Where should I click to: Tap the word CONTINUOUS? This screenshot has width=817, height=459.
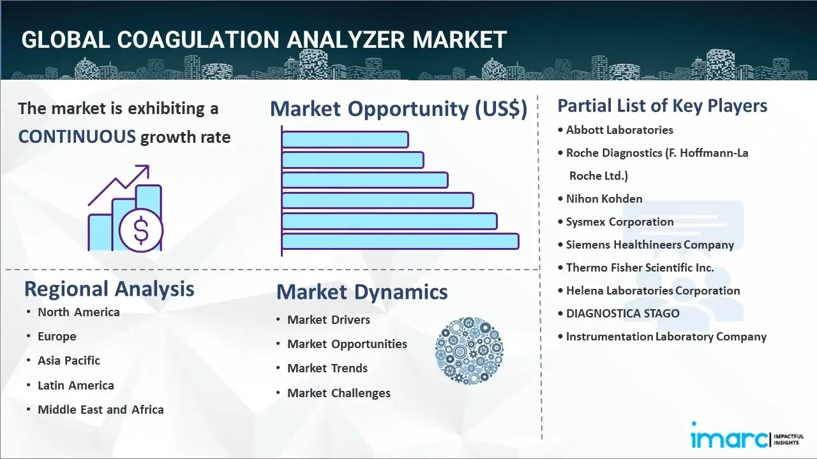[x=77, y=137]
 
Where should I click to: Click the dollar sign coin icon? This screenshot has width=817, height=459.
[x=141, y=230]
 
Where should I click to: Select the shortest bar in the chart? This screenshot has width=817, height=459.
[x=345, y=140]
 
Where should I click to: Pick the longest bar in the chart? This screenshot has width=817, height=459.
[x=400, y=242]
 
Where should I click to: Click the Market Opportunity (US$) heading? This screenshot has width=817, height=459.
[x=399, y=108]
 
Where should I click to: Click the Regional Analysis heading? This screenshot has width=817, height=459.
[x=109, y=289]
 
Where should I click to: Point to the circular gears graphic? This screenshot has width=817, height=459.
[x=469, y=351]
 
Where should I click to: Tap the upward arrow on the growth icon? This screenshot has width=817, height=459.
[x=119, y=185]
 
